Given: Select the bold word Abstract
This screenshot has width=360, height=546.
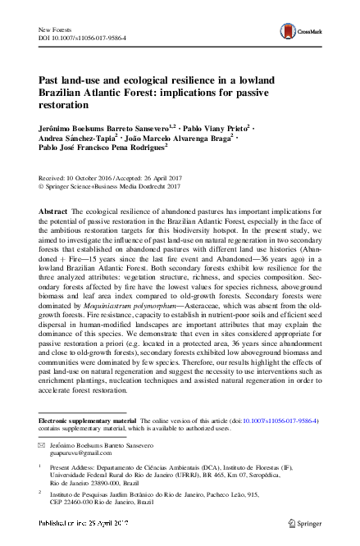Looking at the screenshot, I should point(53,212).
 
